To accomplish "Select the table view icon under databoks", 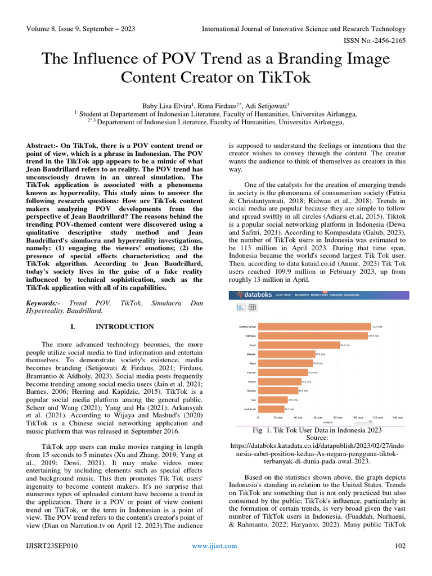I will coord(253,307).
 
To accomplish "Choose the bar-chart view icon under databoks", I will coord(240,307).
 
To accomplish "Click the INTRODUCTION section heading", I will coord(124,327).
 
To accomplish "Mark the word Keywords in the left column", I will coord(43,303).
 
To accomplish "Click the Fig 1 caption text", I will coord(319,430).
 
